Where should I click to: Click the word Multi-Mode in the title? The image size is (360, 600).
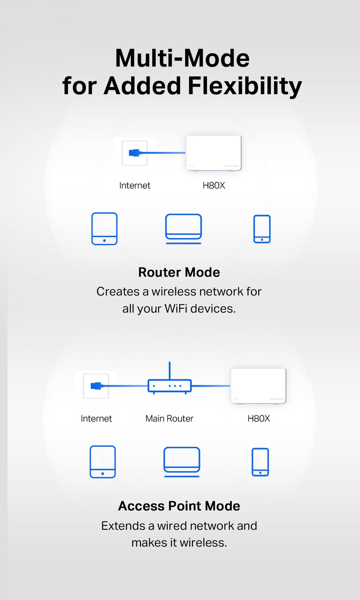[x=182, y=58]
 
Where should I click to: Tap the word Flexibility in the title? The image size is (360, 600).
[x=245, y=86]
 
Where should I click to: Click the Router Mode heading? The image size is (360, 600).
[x=179, y=272]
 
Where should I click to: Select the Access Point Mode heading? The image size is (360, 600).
[x=179, y=506]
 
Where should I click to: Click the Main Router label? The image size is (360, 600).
[x=169, y=419]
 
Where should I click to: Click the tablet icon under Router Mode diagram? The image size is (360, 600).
[x=104, y=229]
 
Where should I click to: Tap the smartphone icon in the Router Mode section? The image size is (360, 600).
[x=262, y=229]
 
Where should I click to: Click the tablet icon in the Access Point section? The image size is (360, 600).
[x=103, y=462]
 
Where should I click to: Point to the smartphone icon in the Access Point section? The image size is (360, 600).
[x=260, y=462]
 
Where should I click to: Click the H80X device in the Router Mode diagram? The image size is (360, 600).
[x=213, y=153]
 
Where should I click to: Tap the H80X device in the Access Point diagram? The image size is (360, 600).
[x=258, y=386]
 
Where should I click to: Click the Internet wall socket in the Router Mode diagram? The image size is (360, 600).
[x=135, y=153]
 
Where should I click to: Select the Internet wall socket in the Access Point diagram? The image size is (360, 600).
[x=96, y=386]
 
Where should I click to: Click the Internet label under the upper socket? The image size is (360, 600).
[x=135, y=185]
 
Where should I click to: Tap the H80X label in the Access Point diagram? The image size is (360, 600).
[x=259, y=419]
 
